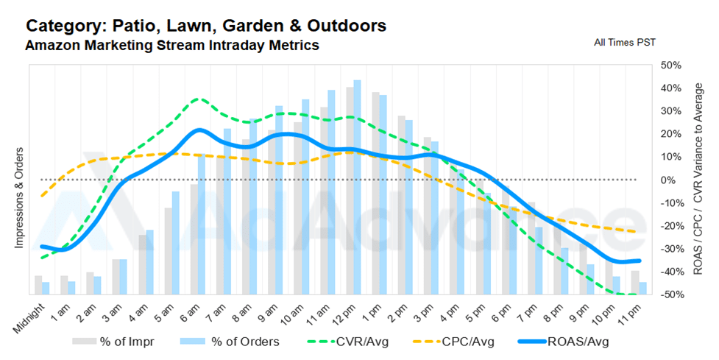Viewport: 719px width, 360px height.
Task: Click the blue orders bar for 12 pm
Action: click(x=357, y=188)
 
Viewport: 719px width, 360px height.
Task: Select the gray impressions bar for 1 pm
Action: click(x=375, y=194)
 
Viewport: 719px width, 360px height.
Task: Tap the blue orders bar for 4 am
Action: click(x=149, y=262)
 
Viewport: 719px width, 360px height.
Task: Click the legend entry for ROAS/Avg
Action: click(x=563, y=342)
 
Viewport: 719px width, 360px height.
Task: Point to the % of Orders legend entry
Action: click(x=230, y=342)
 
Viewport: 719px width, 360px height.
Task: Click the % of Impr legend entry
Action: click(x=113, y=342)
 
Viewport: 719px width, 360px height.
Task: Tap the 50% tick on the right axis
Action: click(x=671, y=65)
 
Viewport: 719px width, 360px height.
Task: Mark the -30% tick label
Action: click(x=671, y=249)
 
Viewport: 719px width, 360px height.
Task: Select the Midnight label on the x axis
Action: click(x=29, y=318)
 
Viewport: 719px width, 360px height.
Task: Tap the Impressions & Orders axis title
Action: click(x=19, y=197)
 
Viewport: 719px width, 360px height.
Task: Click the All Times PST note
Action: click(x=625, y=42)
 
